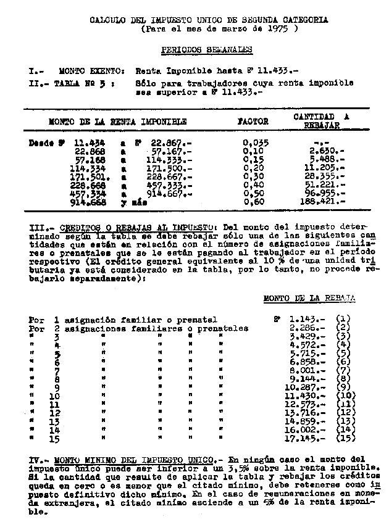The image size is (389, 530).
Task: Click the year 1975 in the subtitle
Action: [283, 28]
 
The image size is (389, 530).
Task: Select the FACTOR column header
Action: [253, 122]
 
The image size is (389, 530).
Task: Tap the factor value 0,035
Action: [256, 143]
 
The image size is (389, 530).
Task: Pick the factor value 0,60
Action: [254, 201]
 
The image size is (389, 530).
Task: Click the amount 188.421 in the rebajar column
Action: [327, 201]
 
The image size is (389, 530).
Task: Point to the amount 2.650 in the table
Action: [327, 151]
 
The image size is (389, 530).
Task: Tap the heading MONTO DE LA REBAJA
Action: [309, 298]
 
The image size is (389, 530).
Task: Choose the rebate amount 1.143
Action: [307, 320]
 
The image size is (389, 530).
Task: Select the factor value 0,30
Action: [254, 176]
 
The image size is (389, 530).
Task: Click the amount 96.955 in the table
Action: [327, 193]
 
